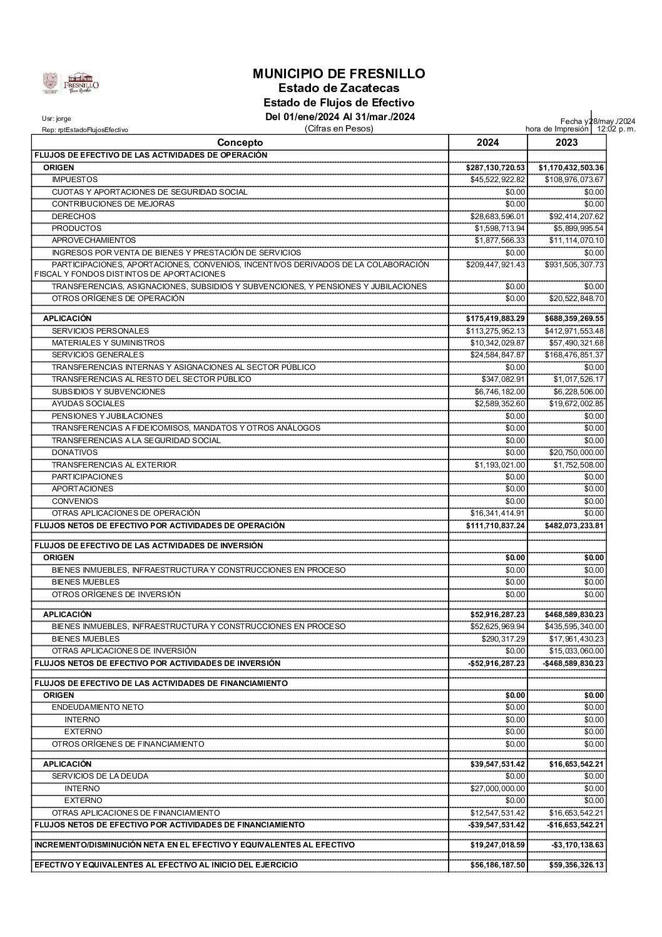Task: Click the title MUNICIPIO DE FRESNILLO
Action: (x=339, y=74)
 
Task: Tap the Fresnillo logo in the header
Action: (x=70, y=83)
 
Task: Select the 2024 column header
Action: (x=487, y=143)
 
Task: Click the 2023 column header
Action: (x=566, y=143)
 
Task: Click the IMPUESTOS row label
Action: (x=74, y=180)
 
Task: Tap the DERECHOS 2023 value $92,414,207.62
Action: (x=574, y=216)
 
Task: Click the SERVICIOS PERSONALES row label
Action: (x=100, y=330)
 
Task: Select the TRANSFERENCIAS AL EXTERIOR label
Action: (x=114, y=464)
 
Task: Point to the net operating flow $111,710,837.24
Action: (x=496, y=525)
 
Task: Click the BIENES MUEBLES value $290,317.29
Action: (x=503, y=638)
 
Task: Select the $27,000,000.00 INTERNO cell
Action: (x=497, y=789)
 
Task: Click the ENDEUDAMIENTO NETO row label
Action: (x=98, y=707)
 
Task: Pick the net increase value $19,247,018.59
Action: (x=497, y=844)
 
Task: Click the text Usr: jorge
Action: (x=56, y=118)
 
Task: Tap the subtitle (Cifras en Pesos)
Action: (x=339, y=128)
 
